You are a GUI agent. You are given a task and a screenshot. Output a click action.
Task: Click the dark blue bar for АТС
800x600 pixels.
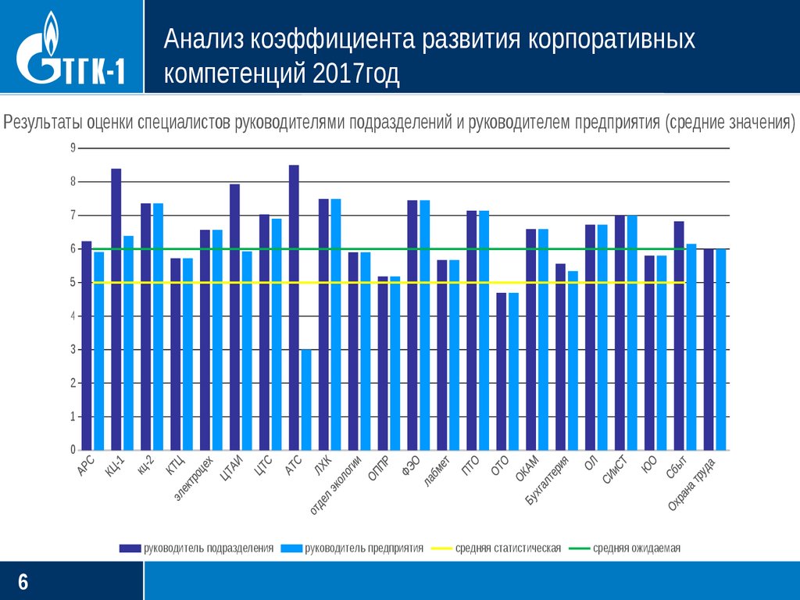pyautogui.click(x=294, y=308)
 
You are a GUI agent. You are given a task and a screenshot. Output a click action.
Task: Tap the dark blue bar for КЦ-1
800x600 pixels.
pyautogui.click(x=116, y=309)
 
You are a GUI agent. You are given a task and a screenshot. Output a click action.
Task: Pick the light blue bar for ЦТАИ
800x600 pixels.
pyautogui.click(x=247, y=351)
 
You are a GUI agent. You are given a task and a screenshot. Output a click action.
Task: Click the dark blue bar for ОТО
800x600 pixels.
pyautogui.click(x=502, y=372)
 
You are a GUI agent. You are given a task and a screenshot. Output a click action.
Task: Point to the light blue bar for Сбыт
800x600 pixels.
pyautogui.click(x=691, y=347)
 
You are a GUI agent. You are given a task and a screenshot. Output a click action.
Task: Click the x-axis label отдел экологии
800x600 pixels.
pyautogui.click(x=337, y=484)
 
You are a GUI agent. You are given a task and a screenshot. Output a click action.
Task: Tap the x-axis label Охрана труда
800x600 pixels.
pyautogui.click(x=691, y=485)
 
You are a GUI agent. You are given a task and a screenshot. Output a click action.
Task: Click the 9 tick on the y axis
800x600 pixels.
pyautogui.click(x=73, y=148)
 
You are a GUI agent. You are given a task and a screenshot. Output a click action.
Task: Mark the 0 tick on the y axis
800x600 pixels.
pyautogui.click(x=73, y=451)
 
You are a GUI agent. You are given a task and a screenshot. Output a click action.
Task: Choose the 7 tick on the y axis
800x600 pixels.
pyautogui.click(x=73, y=216)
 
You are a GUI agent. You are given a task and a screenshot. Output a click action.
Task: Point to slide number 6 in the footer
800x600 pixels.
pyautogui.click(x=23, y=581)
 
